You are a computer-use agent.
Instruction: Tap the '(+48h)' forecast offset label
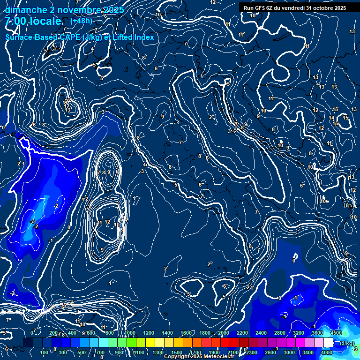(x=81, y=21)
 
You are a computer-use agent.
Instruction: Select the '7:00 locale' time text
(x=33, y=22)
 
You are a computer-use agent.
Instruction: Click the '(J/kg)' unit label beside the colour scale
(x=347, y=344)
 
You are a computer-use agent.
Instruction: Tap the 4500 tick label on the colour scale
(x=336, y=333)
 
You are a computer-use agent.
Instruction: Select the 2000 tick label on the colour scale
(x=224, y=333)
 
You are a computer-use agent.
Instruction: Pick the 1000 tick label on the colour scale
(x=130, y=333)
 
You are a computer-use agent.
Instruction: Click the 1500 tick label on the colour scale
(x=177, y=352)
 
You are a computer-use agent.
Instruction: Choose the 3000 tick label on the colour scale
(x=289, y=352)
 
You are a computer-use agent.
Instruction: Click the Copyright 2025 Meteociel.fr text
(x=199, y=357)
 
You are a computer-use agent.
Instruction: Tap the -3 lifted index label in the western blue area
(x=32, y=221)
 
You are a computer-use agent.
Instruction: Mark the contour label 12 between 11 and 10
(x=107, y=222)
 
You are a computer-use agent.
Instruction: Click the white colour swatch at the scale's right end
(x=328, y=343)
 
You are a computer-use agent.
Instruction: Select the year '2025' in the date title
(x=114, y=10)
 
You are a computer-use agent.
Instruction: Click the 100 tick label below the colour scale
(x=45, y=352)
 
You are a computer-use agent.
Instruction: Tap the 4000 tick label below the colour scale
(x=327, y=352)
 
